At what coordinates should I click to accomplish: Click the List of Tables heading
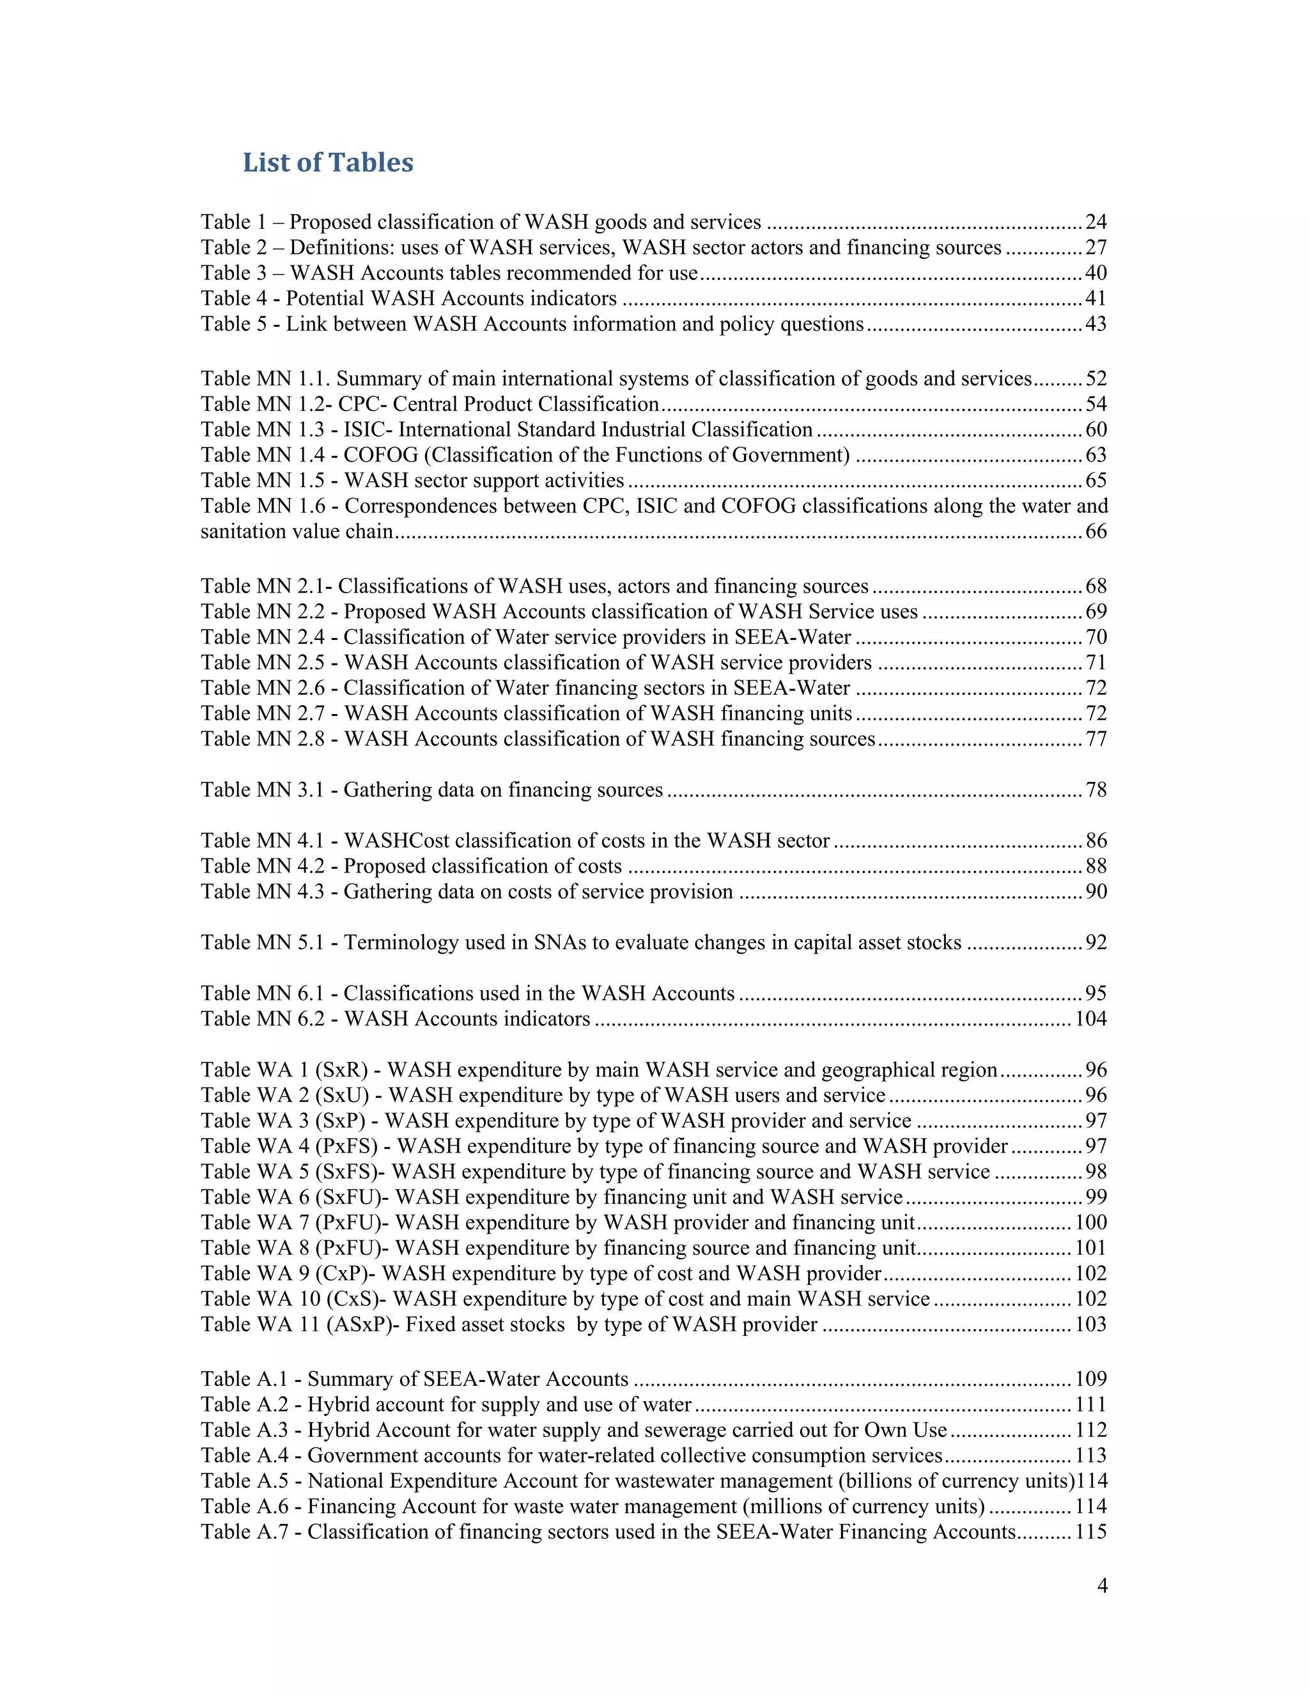pos(328,162)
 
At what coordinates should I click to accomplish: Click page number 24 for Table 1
pos(1096,222)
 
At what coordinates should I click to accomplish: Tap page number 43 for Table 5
pos(1096,323)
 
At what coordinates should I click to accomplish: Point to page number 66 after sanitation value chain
pos(1096,531)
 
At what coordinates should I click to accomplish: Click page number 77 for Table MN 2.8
pos(1096,738)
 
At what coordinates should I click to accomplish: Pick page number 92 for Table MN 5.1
pos(1096,942)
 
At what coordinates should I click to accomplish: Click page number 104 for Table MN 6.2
pos(1090,1018)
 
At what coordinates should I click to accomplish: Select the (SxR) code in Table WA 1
pos(341,1069)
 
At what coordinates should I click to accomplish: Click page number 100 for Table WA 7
pos(1090,1222)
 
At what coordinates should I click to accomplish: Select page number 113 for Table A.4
pos(1090,1455)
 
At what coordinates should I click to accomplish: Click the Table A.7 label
pos(244,1531)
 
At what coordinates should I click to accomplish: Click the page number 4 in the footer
pos(1102,1585)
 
